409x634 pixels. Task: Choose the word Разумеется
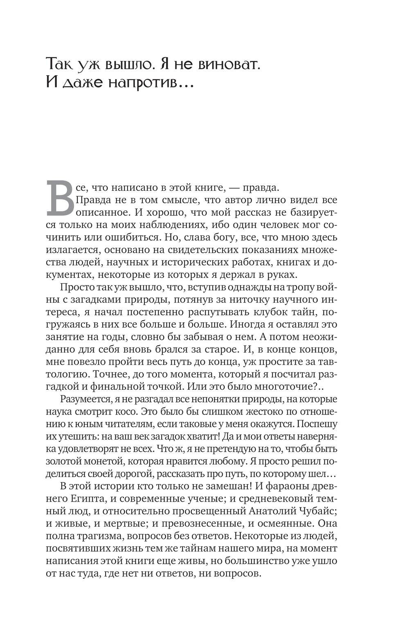[x=85, y=400]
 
